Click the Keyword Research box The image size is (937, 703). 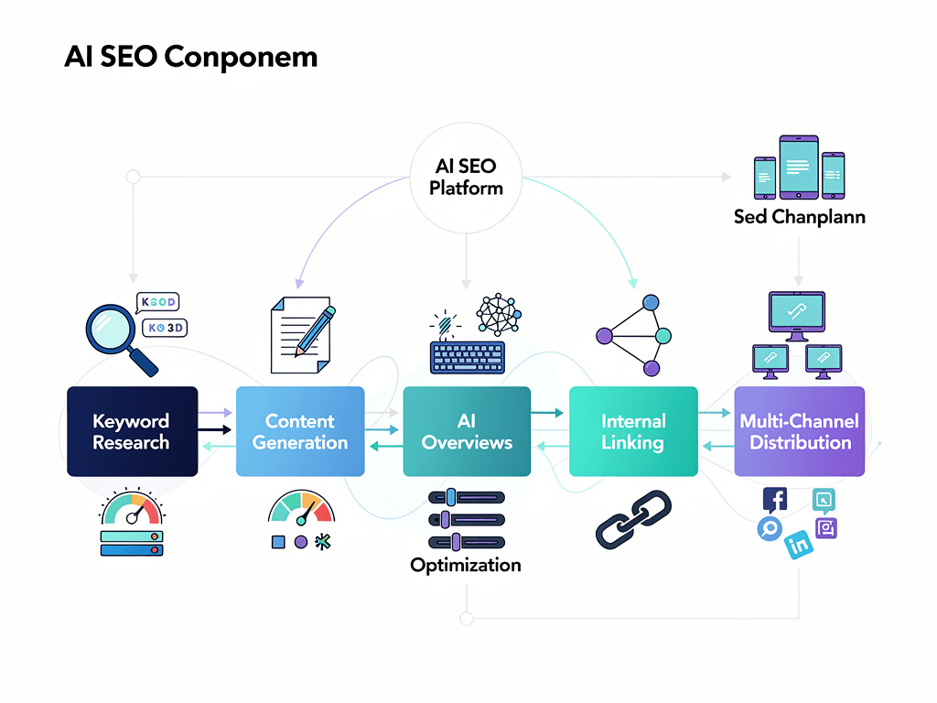point(132,431)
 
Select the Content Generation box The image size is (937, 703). point(300,431)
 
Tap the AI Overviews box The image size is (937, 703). point(467,431)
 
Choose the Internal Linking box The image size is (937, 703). point(633,431)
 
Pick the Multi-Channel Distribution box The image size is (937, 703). point(800,431)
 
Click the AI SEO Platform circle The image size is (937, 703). point(467,175)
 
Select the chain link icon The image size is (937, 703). point(633,519)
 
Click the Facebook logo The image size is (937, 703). point(775,501)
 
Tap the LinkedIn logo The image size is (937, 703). point(799,545)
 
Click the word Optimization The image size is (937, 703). point(466,565)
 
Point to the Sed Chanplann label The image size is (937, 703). point(799,217)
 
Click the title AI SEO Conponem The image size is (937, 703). point(190,57)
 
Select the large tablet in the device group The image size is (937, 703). point(799,168)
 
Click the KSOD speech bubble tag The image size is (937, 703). point(156,302)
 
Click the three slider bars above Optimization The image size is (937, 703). point(467,519)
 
